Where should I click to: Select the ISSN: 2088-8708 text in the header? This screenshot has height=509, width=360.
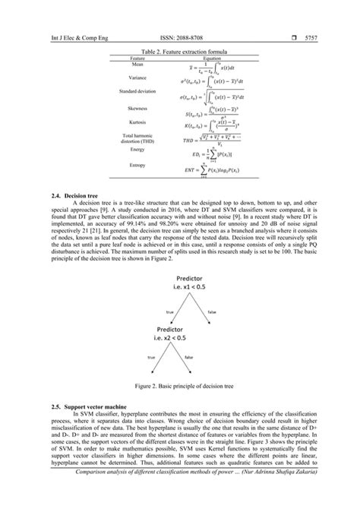180,13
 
